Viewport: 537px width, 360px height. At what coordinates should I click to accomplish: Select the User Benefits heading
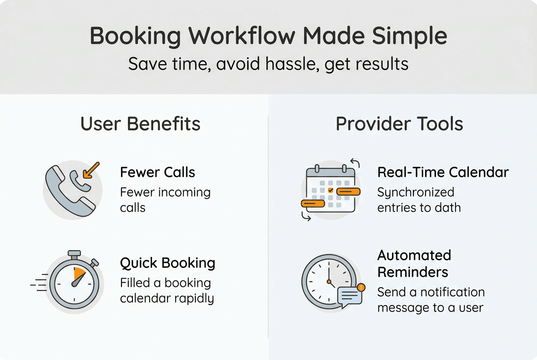(x=140, y=124)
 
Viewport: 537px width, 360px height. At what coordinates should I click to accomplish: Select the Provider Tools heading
(x=399, y=124)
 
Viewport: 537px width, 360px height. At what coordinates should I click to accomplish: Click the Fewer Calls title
(x=158, y=172)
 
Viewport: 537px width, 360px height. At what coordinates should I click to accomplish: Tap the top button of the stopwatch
(x=74, y=254)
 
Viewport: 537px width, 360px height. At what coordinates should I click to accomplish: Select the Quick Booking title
(x=167, y=263)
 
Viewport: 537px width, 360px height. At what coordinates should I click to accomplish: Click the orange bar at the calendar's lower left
(x=313, y=204)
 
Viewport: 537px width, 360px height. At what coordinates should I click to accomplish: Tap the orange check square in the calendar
(x=331, y=191)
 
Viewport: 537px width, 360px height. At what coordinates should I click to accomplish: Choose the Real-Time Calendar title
(x=443, y=172)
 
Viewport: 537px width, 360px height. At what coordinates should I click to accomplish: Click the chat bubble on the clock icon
(x=349, y=296)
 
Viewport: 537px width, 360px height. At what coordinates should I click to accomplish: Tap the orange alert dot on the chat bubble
(x=361, y=287)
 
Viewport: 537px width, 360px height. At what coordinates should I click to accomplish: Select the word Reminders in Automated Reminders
(x=413, y=272)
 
